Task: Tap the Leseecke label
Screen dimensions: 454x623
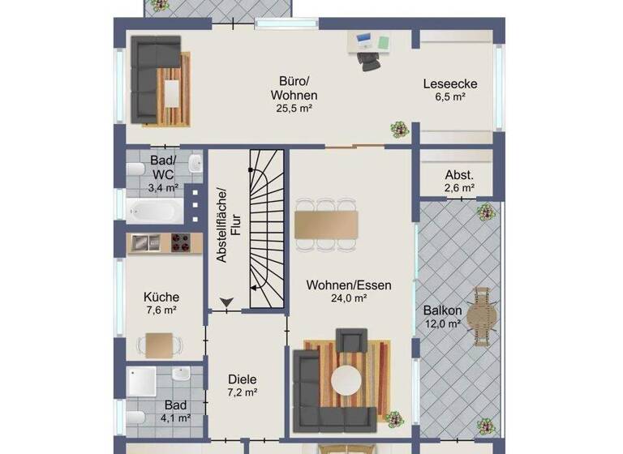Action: click(x=449, y=84)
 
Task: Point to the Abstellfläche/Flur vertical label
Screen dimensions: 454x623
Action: click(x=229, y=225)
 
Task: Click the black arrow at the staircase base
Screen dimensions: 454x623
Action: click(x=226, y=303)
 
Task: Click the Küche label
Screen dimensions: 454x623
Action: click(x=161, y=297)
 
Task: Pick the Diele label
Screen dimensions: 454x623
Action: click(x=243, y=379)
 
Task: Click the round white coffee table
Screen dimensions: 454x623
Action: click(x=348, y=379)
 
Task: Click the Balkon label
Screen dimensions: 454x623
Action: click(x=442, y=311)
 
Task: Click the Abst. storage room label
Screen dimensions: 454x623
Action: click(x=459, y=176)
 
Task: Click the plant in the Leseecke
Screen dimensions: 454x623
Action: click(x=398, y=128)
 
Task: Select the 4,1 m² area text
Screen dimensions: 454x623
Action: click(x=174, y=418)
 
